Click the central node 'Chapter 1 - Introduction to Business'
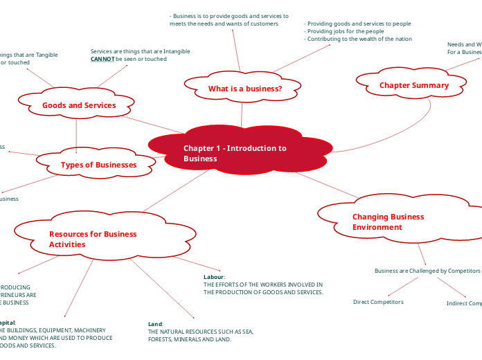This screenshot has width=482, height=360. (x=235, y=154)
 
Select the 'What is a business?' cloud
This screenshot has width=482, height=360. (x=244, y=89)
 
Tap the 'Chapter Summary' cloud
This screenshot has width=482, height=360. (x=413, y=85)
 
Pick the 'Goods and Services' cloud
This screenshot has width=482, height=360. (x=78, y=105)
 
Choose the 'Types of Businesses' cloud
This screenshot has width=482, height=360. (x=98, y=165)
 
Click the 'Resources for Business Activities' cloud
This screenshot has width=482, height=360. (x=92, y=239)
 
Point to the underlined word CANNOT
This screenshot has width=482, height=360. (x=102, y=60)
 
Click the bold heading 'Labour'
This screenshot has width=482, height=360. (x=213, y=277)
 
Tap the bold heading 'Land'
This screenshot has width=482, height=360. (x=155, y=324)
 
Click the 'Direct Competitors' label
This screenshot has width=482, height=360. (x=377, y=302)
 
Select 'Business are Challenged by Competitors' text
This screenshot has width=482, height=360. (x=427, y=271)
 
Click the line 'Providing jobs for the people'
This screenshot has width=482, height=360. (x=346, y=31)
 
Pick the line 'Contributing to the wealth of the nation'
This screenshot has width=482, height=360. (x=359, y=39)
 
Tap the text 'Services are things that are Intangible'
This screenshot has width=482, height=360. (x=140, y=51)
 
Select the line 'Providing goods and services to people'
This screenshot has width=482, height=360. (x=359, y=24)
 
